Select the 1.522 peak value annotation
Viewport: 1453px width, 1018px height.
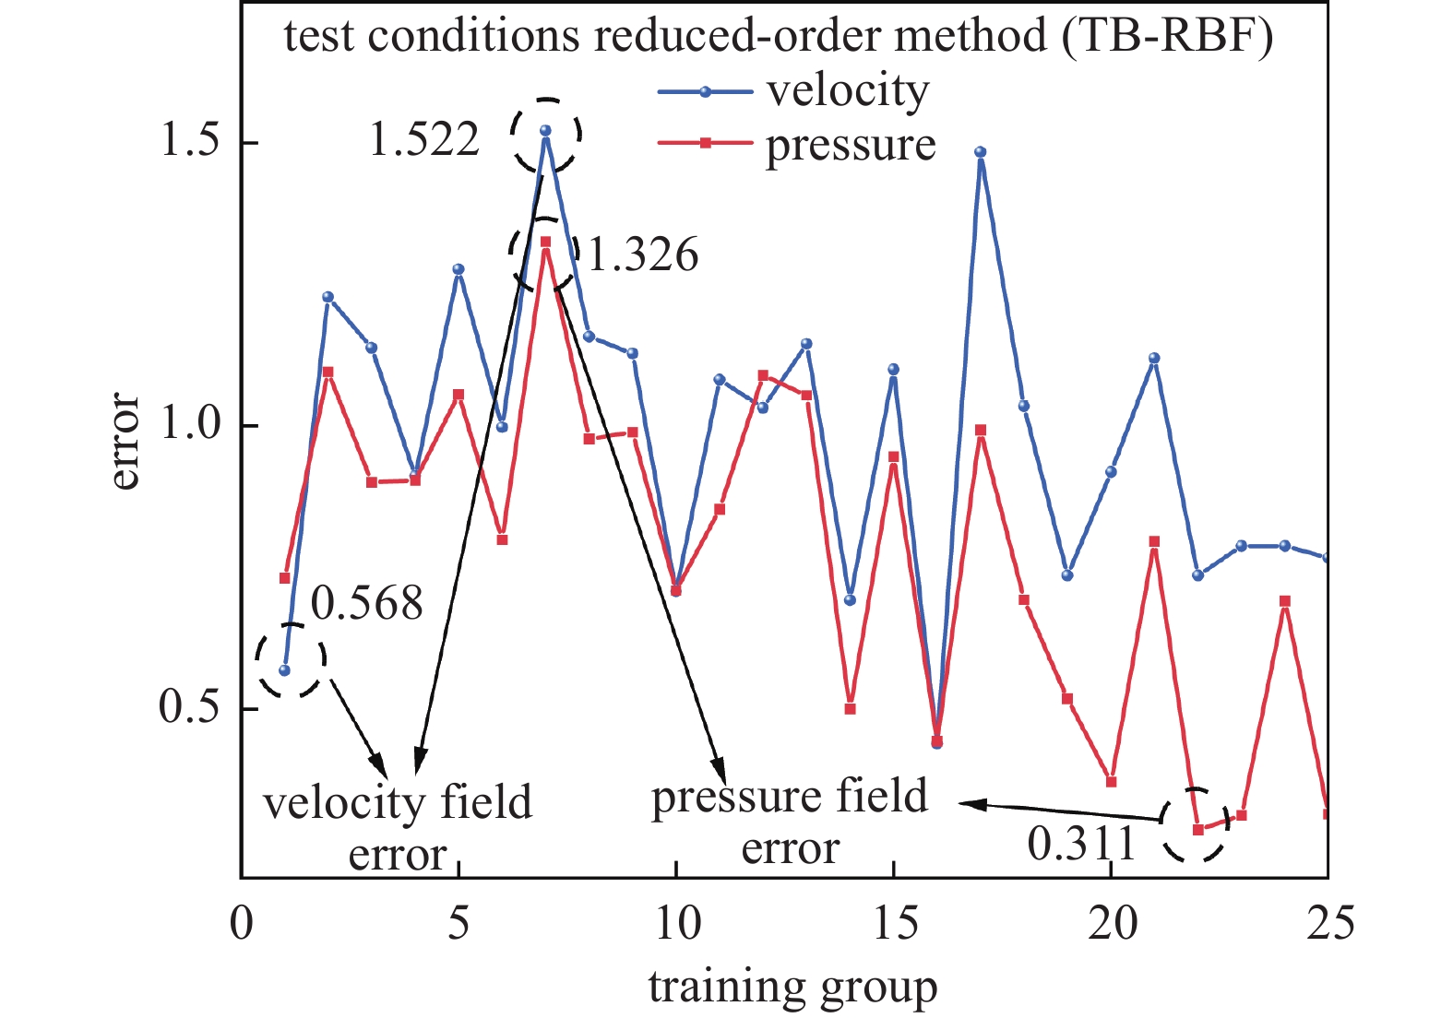(x=424, y=140)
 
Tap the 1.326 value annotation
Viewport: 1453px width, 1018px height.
(x=643, y=255)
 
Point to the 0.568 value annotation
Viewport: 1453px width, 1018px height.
(x=366, y=604)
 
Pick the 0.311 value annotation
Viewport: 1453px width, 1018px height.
(x=1081, y=844)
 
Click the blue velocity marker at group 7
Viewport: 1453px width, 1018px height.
(x=545, y=131)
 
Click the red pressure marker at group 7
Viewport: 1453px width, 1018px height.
(x=545, y=242)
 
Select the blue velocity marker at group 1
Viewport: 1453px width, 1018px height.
(x=285, y=670)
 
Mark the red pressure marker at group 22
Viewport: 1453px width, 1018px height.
(x=1197, y=830)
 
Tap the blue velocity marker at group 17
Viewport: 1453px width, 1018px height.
(x=981, y=152)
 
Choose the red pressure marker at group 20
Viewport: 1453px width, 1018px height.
(x=1111, y=782)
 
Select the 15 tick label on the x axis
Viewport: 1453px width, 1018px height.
(x=895, y=922)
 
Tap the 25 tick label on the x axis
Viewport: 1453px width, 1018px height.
(x=1329, y=922)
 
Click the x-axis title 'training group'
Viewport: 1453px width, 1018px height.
(x=792, y=987)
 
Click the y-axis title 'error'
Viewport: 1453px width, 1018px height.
(x=124, y=441)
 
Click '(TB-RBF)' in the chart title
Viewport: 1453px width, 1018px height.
(x=1167, y=37)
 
